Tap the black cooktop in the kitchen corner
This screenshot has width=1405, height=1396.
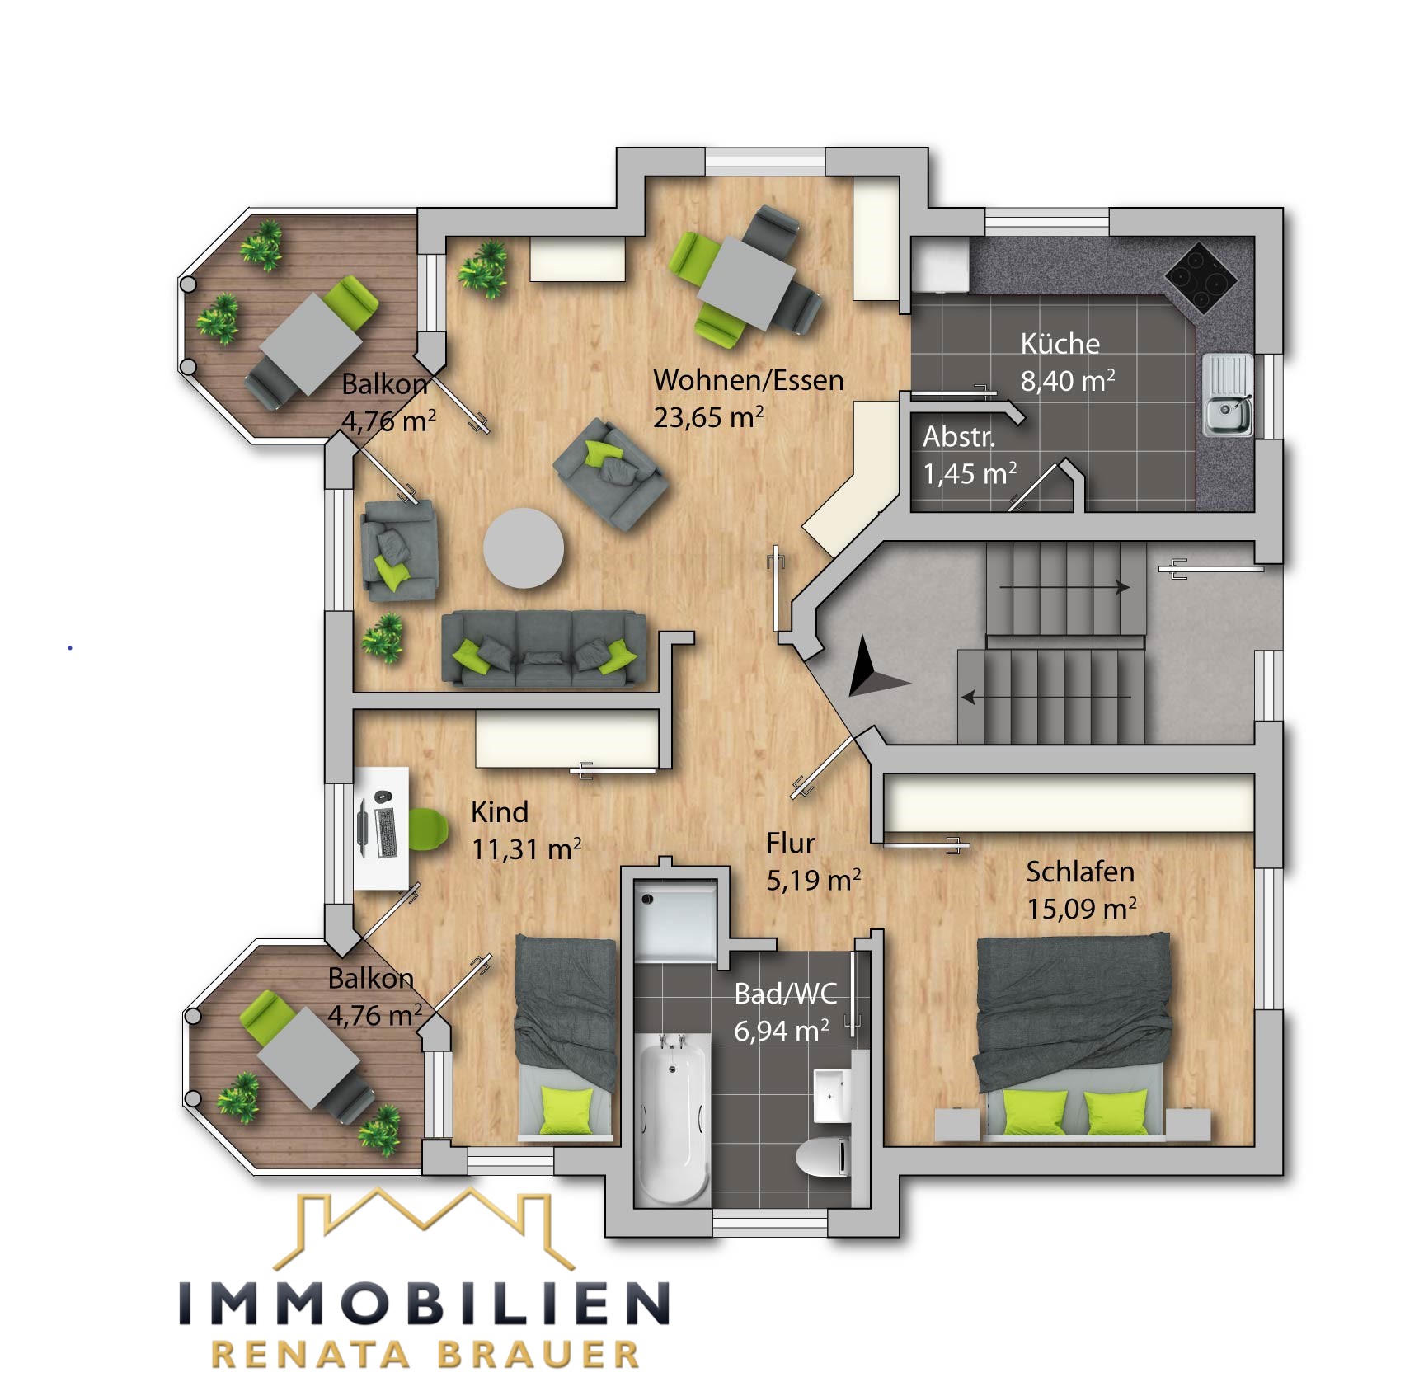(1201, 277)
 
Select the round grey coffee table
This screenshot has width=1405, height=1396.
(524, 548)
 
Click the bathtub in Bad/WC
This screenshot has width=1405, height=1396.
(673, 1113)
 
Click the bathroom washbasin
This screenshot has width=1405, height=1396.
(831, 1095)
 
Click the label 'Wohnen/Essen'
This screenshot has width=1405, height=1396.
(748, 380)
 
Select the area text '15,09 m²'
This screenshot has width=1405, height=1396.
(1080, 909)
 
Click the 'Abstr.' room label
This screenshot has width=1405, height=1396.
(958, 437)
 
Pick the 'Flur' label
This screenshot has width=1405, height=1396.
(789, 844)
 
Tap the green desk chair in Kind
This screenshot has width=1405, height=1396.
(428, 829)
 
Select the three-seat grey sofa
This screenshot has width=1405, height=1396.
(544, 649)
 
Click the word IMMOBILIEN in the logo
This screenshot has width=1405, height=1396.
(424, 1304)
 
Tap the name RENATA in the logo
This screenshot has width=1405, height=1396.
(311, 1356)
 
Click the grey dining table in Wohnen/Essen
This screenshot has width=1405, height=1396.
(746, 280)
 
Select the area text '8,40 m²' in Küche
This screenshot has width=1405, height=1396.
(1067, 381)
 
